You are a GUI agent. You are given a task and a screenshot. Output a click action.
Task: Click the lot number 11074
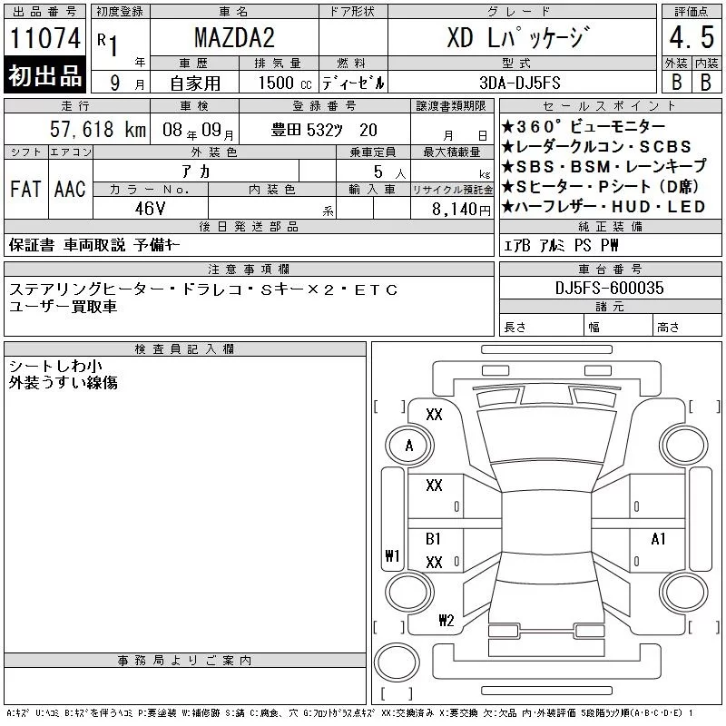pyautogui.click(x=44, y=38)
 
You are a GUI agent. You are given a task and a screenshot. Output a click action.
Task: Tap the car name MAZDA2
pyautogui.click(x=234, y=37)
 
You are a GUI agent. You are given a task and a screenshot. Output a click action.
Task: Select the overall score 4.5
pyautogui.click(x=692, y=37)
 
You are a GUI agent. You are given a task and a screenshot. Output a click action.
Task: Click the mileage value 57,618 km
pyautogui.click(x=98, y=129)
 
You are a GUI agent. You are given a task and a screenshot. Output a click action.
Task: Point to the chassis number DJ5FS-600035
pyautogui.click(x=609, y=288)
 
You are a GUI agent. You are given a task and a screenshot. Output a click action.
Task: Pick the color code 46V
pyautogui.click(x=150, y=209)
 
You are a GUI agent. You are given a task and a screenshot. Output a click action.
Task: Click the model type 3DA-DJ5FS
pyautogui.click(x=520, y=83)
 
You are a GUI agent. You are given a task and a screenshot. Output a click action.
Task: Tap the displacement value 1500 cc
pyautogui.click(x=285, y=83)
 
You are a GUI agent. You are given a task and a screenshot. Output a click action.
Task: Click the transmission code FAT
pyautogui.click(x=26, y=189)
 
